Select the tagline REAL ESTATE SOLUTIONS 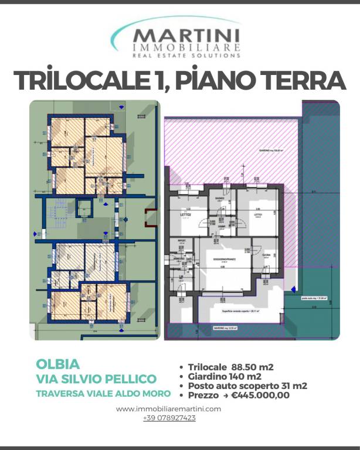[x=186, y=56]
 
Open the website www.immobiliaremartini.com [x=169, y=409]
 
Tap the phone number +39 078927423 [x=169, y=418]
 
